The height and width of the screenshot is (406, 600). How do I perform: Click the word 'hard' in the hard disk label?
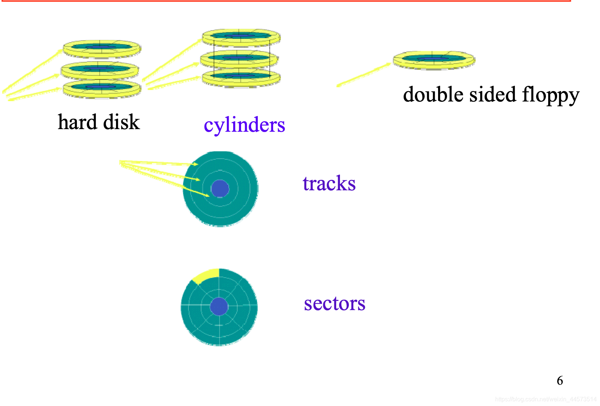[77, 122]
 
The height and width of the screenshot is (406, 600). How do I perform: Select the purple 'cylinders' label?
[244, 125]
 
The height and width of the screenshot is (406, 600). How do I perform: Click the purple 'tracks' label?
[329, 183]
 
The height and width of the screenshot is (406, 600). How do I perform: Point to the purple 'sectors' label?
[334, 303]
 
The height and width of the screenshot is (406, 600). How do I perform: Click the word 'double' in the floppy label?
[433, 94]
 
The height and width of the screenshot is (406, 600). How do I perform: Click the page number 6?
[560, 381]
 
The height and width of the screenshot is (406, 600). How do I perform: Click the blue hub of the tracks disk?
[220, 188]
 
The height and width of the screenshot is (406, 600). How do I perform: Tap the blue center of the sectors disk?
[219, 306]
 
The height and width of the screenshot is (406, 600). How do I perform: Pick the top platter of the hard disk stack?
[102, 48]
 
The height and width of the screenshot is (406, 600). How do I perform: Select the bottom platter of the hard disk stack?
[102, 88]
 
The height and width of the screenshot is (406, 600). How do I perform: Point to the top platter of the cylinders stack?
[241, 37]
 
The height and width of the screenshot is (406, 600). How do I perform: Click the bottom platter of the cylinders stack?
[241, 77]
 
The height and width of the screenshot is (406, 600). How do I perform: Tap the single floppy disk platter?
[434, 60]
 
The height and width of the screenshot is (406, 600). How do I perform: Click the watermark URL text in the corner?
[546, 399]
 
